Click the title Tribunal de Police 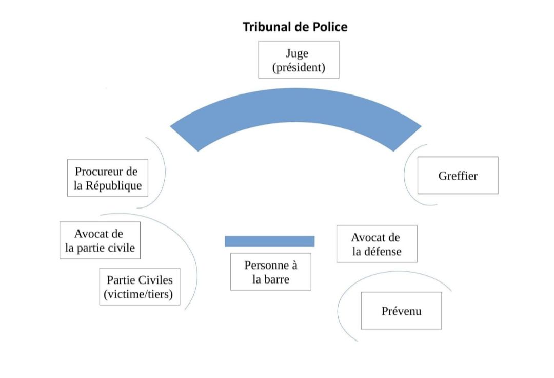pos(295,27)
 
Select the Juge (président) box pos(298,60)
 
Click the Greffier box pos(458,176)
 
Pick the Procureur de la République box pos(108,178)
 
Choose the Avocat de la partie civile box pos(100,240)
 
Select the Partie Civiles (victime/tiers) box pos(140,287)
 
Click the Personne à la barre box pos(270,272)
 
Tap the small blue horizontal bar pos(269,241)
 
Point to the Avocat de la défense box pos(376,244)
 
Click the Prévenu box pos(401,311)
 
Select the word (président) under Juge pos(298,67)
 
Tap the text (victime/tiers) pos(140,294)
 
